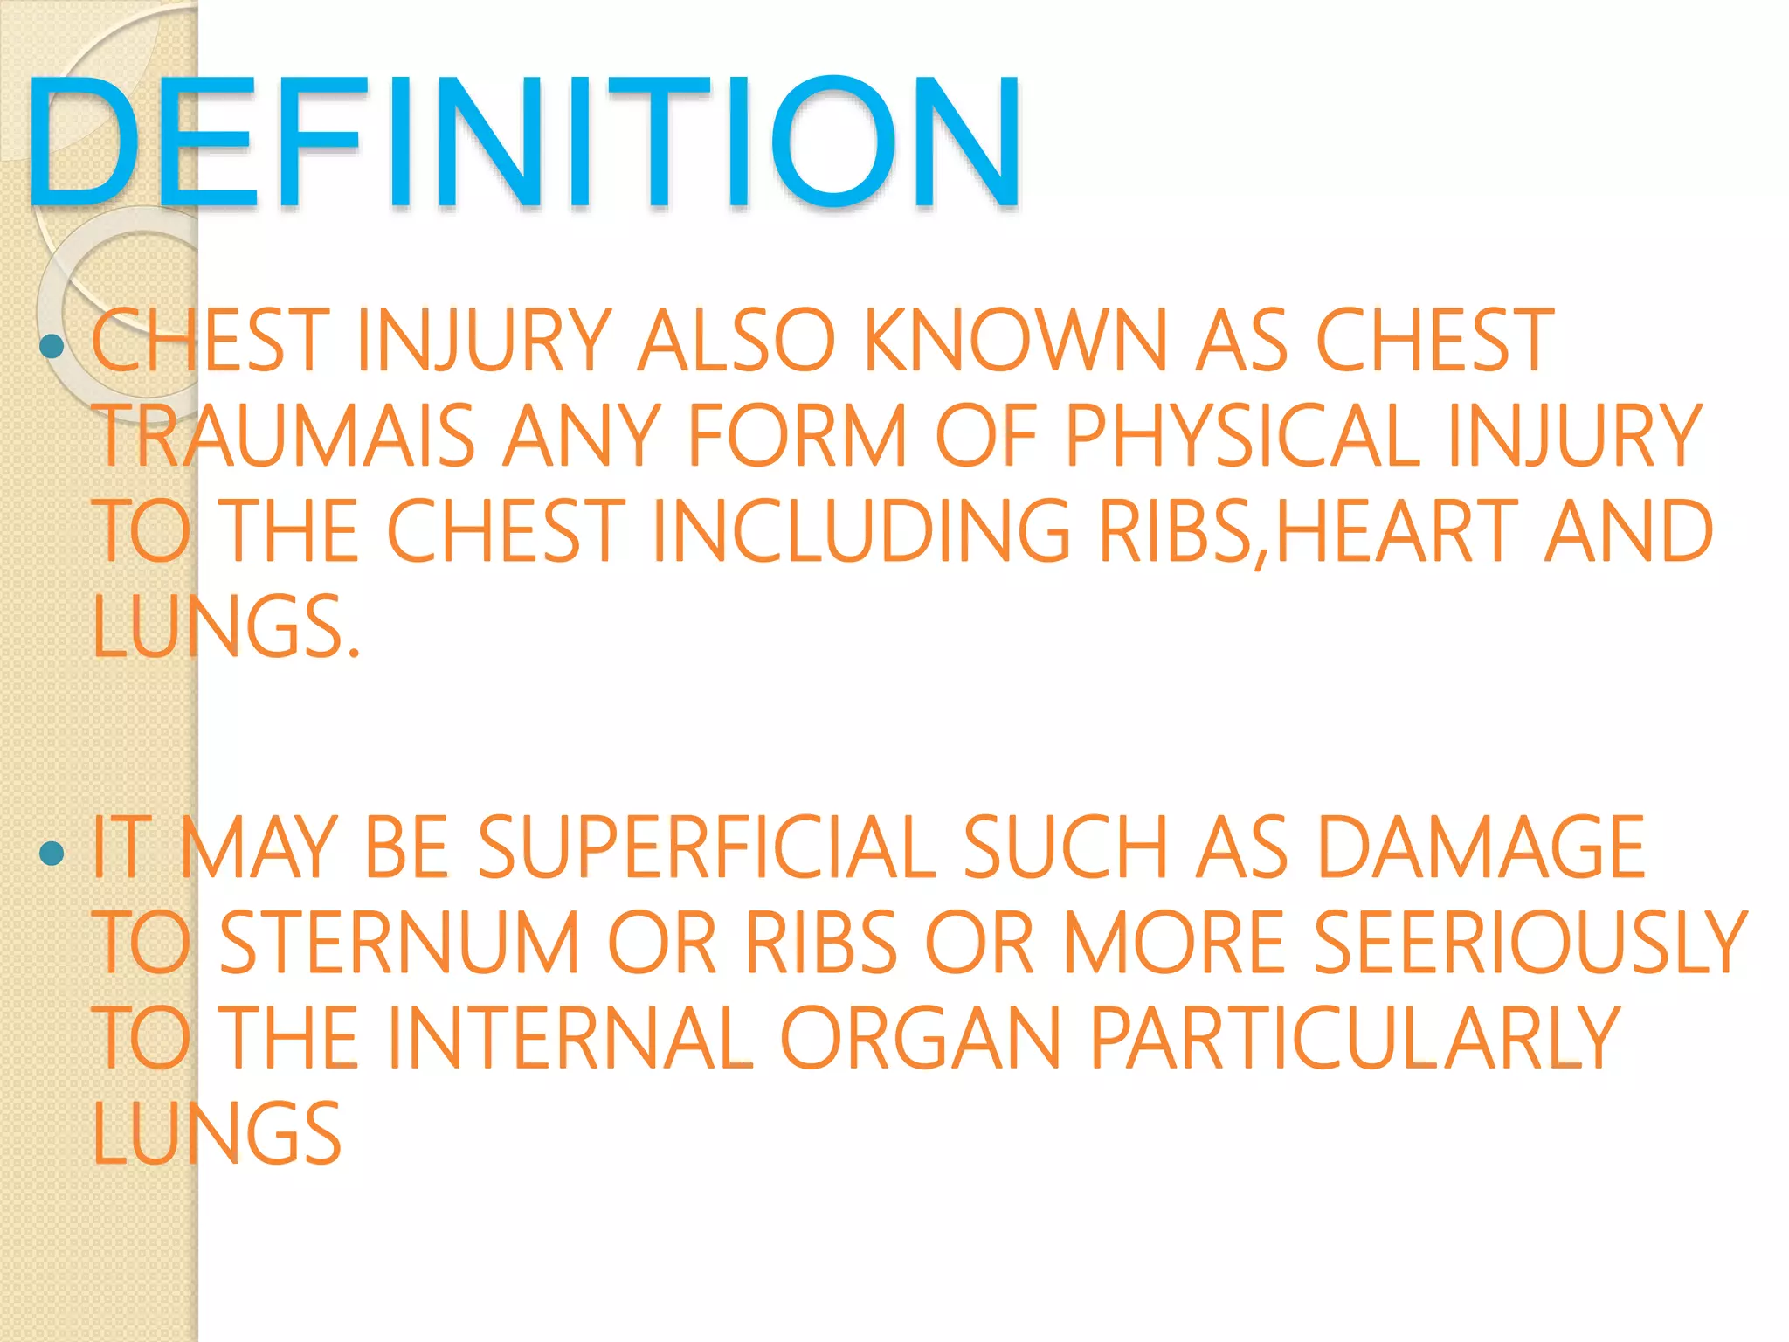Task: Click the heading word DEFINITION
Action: (524, 142)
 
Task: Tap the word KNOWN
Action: (1015, 341)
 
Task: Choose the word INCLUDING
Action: (860, 530)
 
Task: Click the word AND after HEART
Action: (1628, 530)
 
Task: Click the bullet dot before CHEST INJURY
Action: (52, 347)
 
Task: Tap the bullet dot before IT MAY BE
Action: (52, 853)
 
